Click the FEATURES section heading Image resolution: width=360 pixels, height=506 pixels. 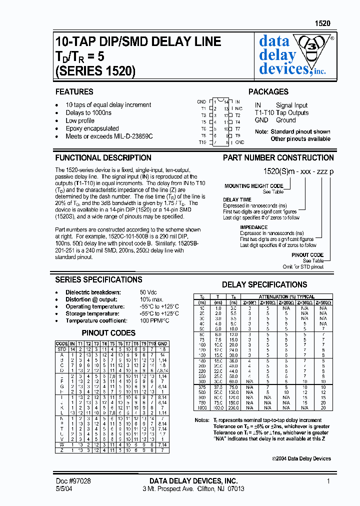point(74,92)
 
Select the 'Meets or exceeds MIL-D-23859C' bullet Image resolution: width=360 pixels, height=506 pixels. point(109,136)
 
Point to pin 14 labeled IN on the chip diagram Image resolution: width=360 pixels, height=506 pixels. point(231,102)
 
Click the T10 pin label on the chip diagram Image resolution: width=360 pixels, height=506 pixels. point(202,142)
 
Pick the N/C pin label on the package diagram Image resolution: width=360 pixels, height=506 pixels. point(238,108)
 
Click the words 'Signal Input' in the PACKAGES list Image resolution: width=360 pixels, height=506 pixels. point(291,105)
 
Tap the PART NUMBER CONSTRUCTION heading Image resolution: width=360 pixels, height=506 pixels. point(278,157)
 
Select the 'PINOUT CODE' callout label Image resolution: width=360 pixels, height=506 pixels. point(307,255)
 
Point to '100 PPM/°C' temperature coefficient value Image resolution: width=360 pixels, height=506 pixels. point(154,320)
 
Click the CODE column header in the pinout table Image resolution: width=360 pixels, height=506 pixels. point(61,343)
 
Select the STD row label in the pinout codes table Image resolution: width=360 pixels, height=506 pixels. point(61,349)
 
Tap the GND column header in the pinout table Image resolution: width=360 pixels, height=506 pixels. point(162,343)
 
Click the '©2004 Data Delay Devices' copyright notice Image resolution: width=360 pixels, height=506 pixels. point(301,458)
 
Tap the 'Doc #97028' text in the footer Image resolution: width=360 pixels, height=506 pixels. point(73,480)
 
